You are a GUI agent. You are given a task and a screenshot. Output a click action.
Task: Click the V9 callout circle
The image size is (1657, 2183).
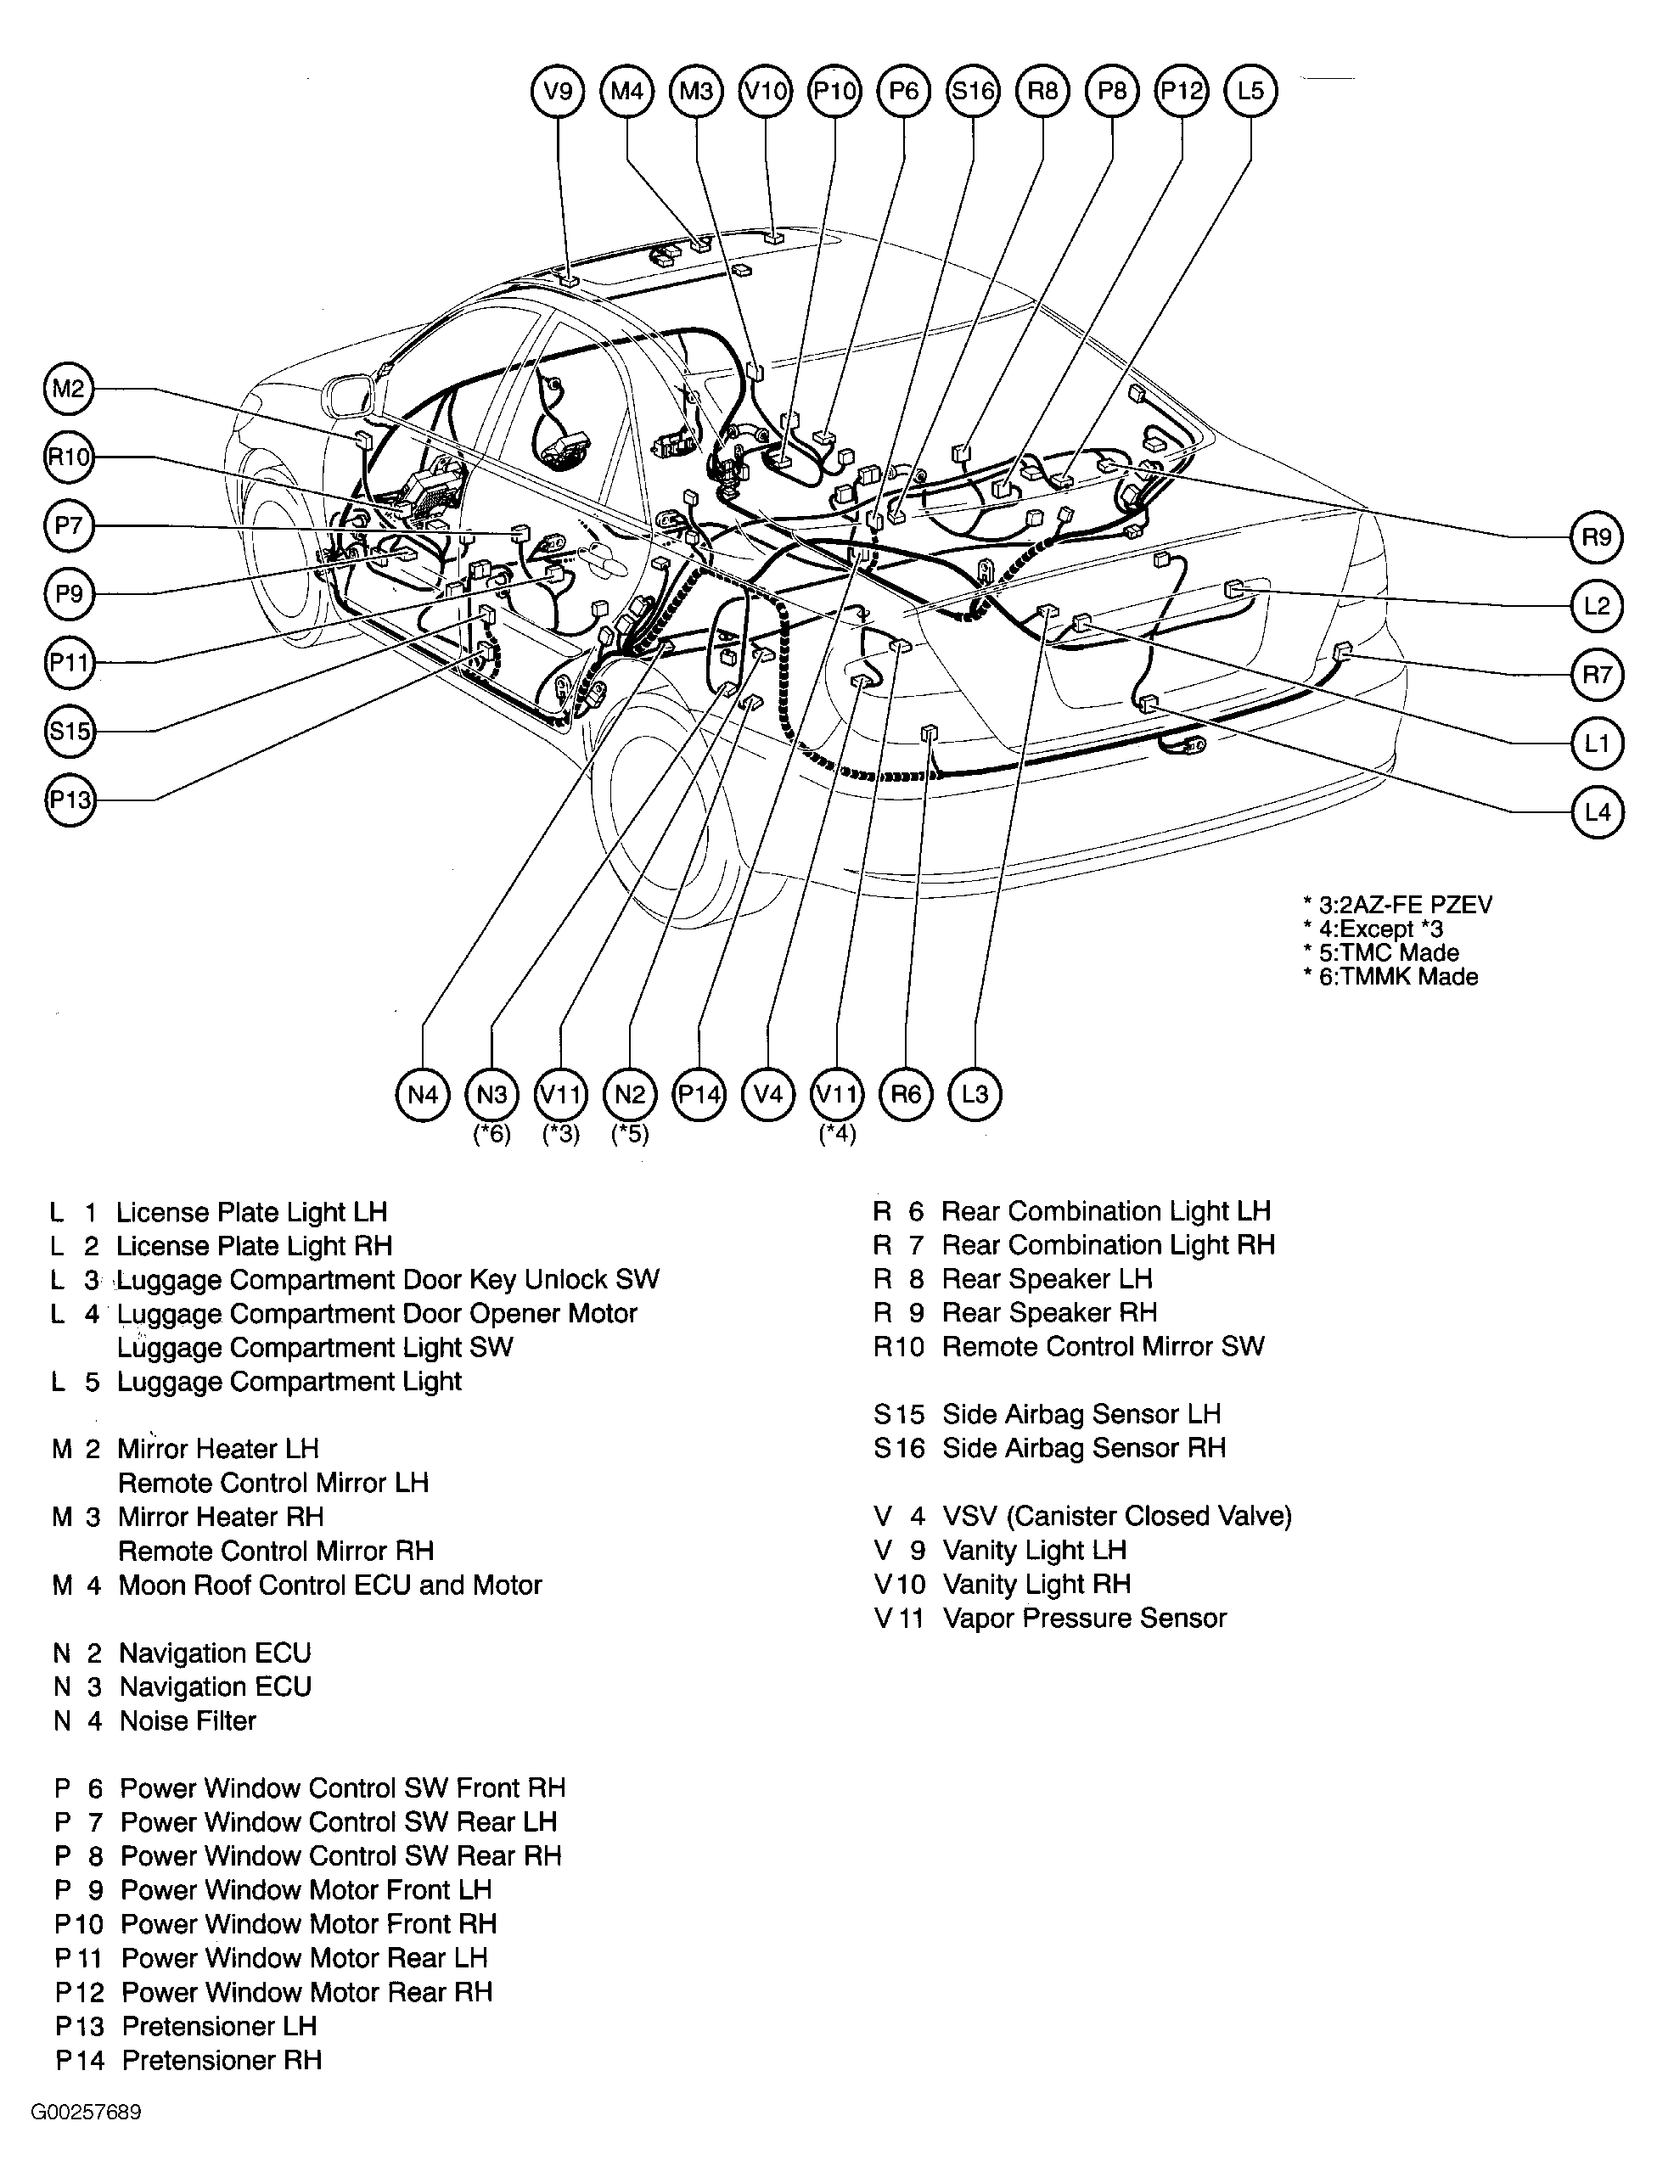(x=559, y=92)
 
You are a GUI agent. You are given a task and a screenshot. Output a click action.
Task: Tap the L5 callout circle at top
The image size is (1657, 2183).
(x=1250, y=92)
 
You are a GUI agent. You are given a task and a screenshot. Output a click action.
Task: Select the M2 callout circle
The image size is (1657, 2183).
(x=68, y=389)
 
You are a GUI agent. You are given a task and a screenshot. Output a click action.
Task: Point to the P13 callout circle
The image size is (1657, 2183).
(x=70, y=800)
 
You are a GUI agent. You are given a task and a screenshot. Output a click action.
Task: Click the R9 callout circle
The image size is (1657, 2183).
(x=1596, y=537)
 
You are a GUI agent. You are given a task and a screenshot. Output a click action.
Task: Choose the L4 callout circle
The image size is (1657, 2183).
(x=1596, y=812)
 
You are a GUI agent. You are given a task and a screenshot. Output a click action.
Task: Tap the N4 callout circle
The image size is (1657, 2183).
(x=423, y=1094)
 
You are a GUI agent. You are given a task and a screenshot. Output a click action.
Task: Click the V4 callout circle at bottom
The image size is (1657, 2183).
(x=768, y=1094)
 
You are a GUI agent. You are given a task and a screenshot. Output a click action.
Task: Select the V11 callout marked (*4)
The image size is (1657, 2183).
(x=837, y=1094)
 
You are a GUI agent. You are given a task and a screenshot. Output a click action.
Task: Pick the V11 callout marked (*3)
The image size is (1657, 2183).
(x=560, y=1094)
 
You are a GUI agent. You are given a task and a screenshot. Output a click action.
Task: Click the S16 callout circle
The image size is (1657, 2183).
(x=973, y=92)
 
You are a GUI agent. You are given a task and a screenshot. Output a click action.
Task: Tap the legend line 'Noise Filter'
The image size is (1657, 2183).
(x=188, y=1721)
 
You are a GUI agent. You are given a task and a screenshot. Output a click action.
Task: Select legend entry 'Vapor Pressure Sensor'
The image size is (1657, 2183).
(x=1084, y=1619)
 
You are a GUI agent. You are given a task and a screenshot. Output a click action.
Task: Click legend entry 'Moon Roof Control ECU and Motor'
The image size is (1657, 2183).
(x=329, y=1585)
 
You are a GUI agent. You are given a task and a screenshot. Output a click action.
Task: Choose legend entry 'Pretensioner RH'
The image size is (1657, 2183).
(x=222, y=2061)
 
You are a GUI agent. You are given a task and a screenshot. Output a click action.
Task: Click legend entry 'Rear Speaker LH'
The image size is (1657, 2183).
(x=1046, y=1279)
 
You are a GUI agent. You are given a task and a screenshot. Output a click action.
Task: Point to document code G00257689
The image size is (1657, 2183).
(x=86, y=2112)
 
